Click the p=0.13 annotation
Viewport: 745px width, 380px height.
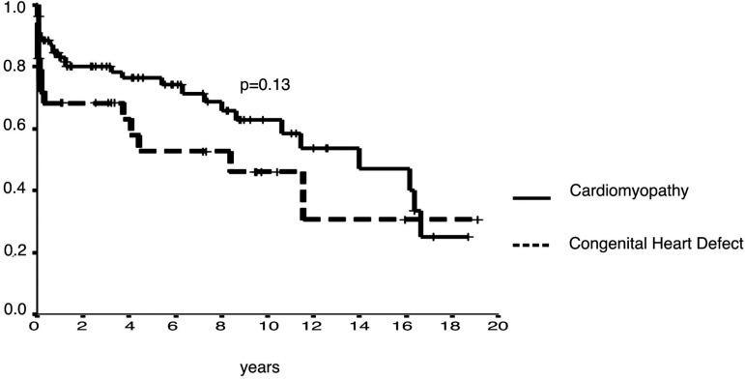tap(266, 85)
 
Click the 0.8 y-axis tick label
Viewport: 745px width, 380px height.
tap(14, 67)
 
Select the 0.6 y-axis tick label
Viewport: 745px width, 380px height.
tap(14, 129)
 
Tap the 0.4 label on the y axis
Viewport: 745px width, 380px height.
tap(14, 190)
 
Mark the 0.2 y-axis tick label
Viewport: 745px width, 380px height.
tap(14, 252)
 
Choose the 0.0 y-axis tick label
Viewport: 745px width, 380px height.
tap(14, 311)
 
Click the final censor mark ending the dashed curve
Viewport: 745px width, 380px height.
tap(477, 220)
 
